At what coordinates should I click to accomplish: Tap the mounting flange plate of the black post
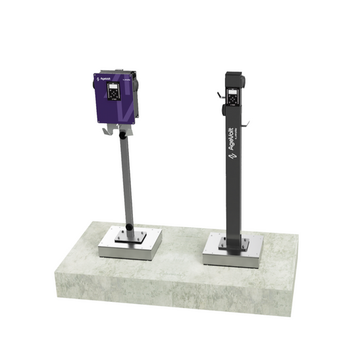tap(232, 241)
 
